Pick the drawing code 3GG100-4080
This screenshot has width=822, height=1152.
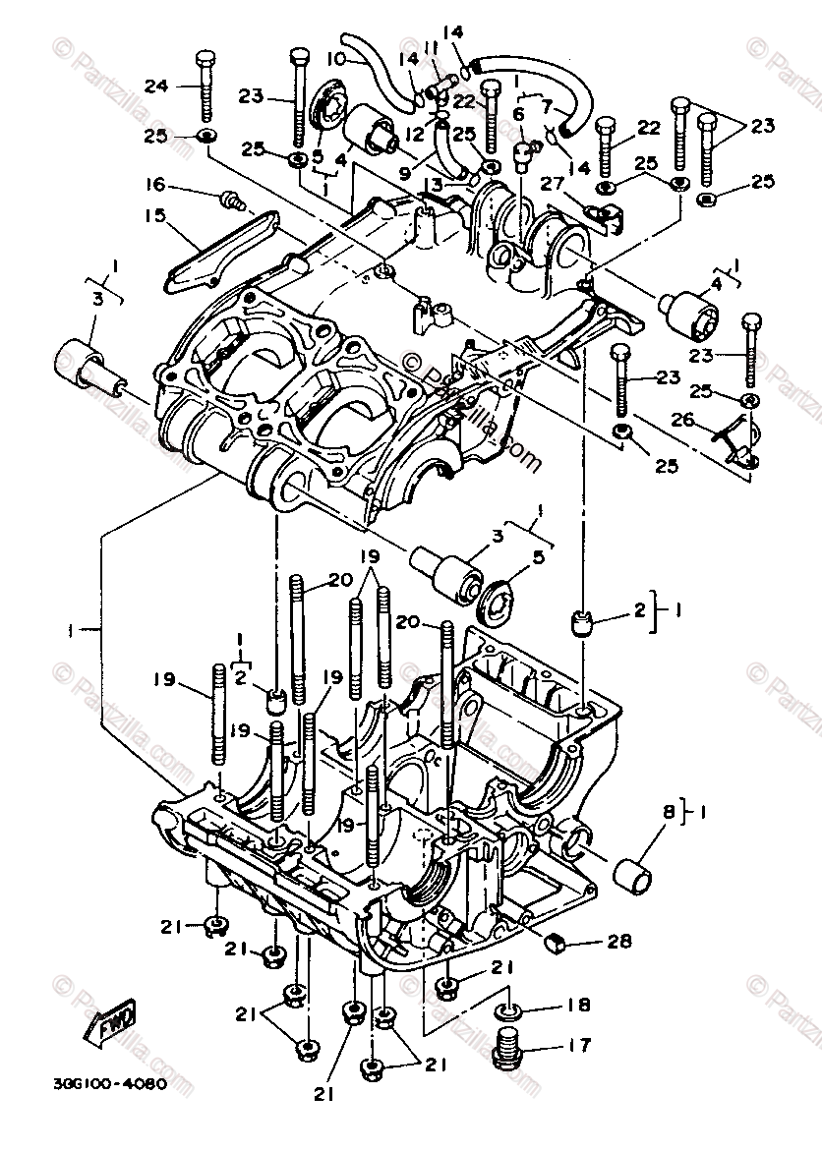(x=96, y=1086)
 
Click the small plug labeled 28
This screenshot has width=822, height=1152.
(x=556, y=942)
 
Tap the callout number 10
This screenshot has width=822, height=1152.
(x=335, y=60)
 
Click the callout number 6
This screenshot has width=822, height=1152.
(x=518, y=114)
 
